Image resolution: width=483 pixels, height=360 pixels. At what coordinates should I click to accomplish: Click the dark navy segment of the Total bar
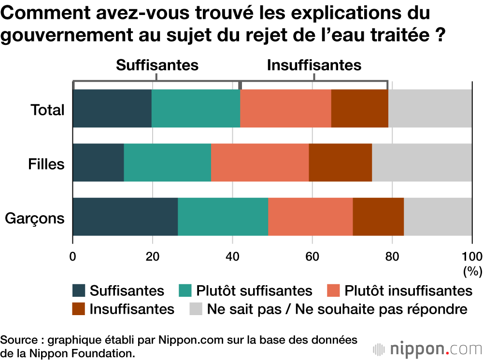click(x=112, y=109)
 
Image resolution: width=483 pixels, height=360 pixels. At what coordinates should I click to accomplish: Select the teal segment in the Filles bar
click(x=167, y=163)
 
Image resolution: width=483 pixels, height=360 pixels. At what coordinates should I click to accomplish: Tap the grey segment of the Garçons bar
click(x=438, y=217)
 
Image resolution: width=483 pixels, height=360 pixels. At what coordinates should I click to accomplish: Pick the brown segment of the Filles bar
click(x=340, y=163)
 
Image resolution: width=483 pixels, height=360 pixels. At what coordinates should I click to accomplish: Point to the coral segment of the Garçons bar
click(x=310, y=217)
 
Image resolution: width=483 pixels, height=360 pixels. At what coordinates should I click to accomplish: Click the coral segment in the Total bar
click(x=285, y=109)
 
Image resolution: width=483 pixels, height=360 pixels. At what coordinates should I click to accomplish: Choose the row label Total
click(x=47, y=110)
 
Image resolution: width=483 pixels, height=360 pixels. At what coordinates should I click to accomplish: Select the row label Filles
click(x=46, y=164)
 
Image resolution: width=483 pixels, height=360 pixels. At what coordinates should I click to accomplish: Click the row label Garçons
click(x=35, y=218)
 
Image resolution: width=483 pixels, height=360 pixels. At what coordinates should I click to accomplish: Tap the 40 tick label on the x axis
click(x=232, y=256)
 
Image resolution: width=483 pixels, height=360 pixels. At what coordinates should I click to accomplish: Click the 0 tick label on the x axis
click(x=73, y=256)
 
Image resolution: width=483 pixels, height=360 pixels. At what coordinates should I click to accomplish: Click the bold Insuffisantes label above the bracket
click(x=314, y=65)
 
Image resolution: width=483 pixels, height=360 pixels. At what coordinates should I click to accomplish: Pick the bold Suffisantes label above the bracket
click(x=157, y=65)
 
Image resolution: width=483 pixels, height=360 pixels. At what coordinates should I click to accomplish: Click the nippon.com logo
click(x=427, y=348)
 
